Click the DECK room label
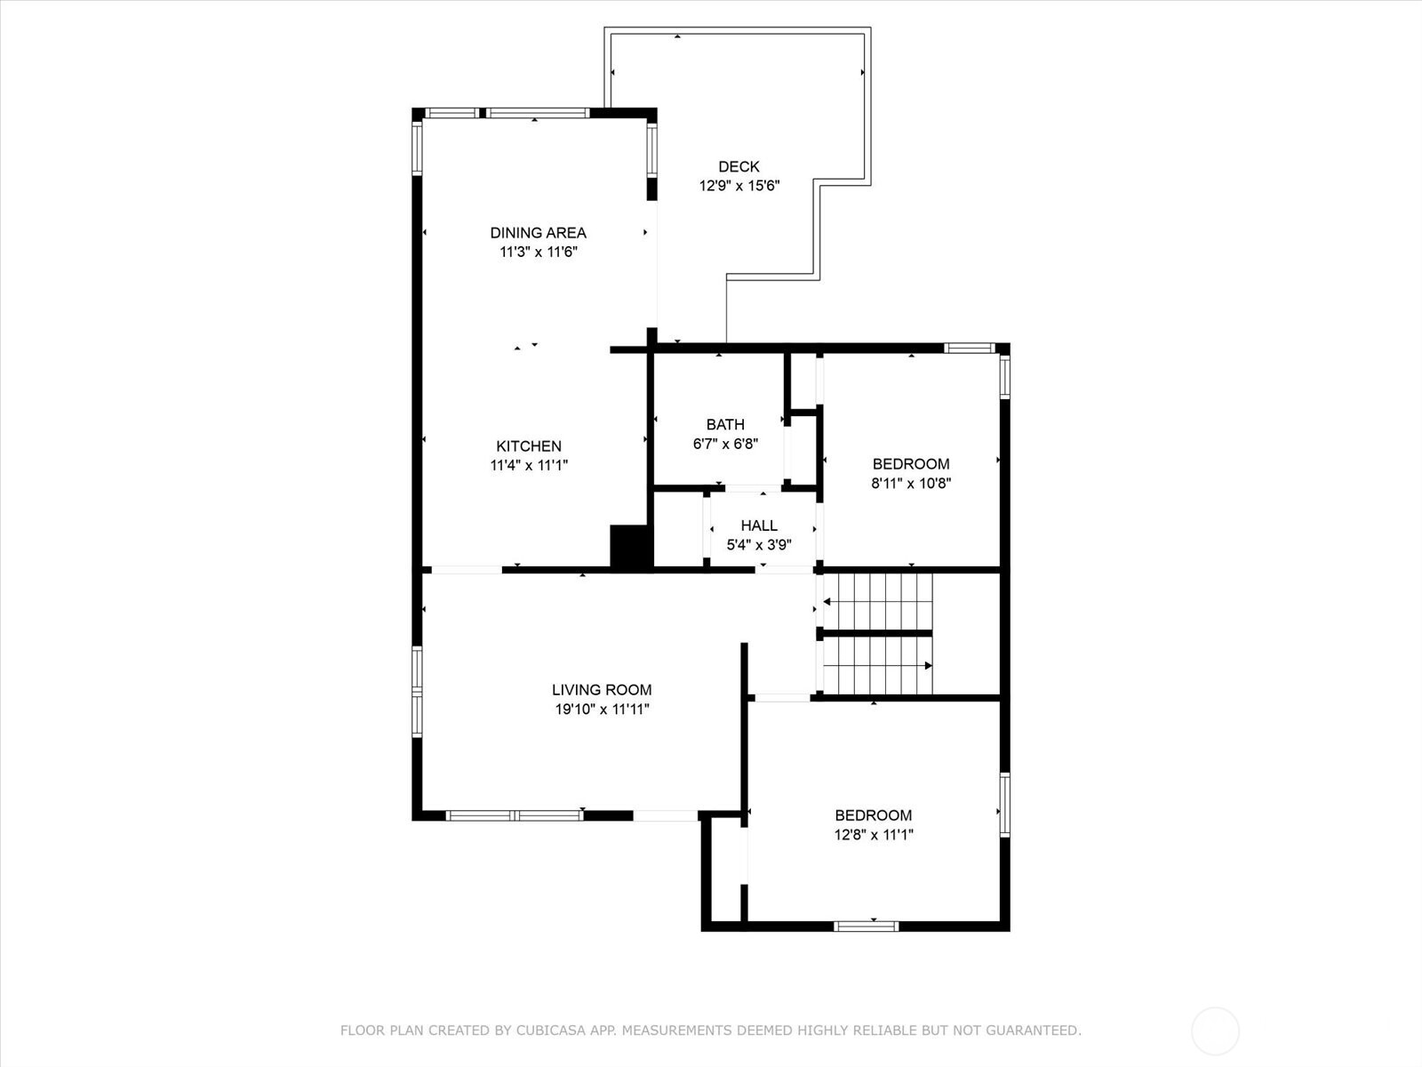tap(739, 166)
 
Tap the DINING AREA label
tap(538, 233)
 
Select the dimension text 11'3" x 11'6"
tap(538, 253)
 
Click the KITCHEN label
tap(528, 446)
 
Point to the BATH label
tap(725, 424)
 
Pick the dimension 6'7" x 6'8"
tap(725, 444)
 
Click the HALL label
tap(758, 525)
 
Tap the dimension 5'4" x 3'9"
tap(758, 545)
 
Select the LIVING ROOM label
tap(602, 690)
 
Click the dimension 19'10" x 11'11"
tap(602, 710)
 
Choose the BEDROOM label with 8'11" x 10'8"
tap(911, 464)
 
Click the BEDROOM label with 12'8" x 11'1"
tap(873, 815)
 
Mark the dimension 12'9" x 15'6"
tap(739, 186)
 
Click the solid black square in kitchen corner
tap(630, 546)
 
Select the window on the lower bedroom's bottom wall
tap(867, 927)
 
